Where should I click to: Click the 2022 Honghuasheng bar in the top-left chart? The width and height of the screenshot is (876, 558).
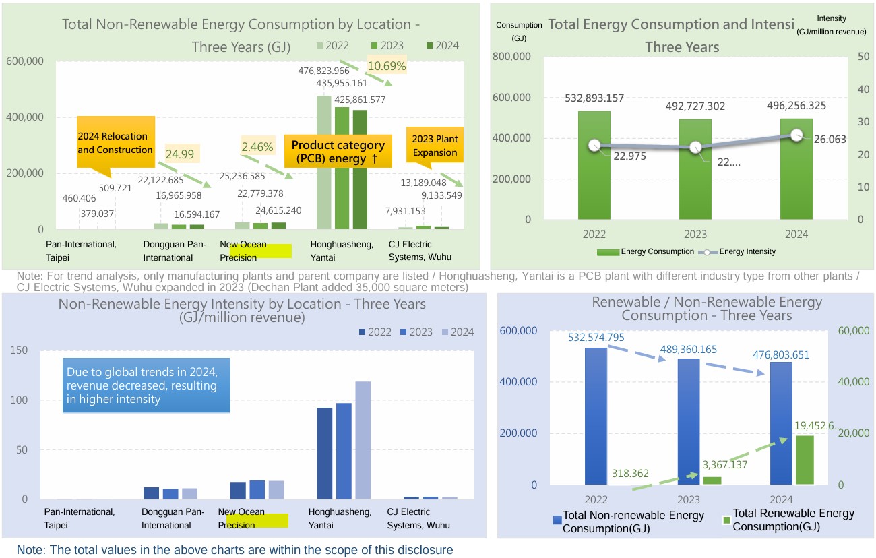pyautogui.click(x=324, y=162)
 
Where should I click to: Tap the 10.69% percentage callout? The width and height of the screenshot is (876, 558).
pyautogui.click(x=386, y=66)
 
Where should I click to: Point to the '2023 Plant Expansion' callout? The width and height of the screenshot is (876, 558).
pyautogui.click(x=435, y=146)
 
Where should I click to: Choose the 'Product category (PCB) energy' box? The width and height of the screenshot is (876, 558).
pyautogui.click(x=338, y=152)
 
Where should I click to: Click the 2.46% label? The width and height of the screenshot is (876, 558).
pyautogui.click(x=257, y=146)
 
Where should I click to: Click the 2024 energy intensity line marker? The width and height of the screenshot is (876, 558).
pyautogui.click(x=797, y=135)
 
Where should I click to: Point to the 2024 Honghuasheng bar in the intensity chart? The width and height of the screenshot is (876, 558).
pyautogui.click(x=363, y=440)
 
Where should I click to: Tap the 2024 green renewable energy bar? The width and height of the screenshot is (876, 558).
pyautogui.click(x=804, y=460)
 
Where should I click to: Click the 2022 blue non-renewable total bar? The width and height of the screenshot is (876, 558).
pyautogui.click(x=596, y=416)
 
